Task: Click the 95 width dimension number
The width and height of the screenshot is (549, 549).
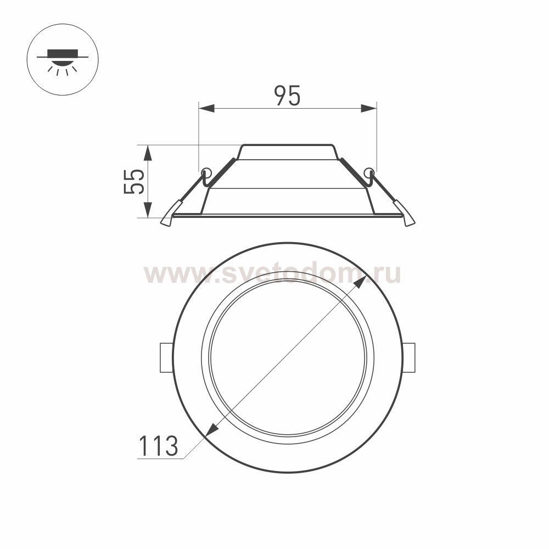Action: [x=288, y=96]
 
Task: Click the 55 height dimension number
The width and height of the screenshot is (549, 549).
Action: [x=134, y=181]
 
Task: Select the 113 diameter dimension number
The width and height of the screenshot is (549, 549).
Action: [x=158, y=446]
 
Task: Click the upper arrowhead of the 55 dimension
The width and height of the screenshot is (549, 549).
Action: [x=147, y=152]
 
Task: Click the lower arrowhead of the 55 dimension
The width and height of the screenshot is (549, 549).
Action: [x=147, y=211]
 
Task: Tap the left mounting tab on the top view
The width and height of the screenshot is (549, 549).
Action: [x=166, y=358]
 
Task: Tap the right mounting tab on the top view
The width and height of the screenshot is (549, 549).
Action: [x=409, y=358]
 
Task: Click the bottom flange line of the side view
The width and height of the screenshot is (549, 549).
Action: [x=287, y=216]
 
